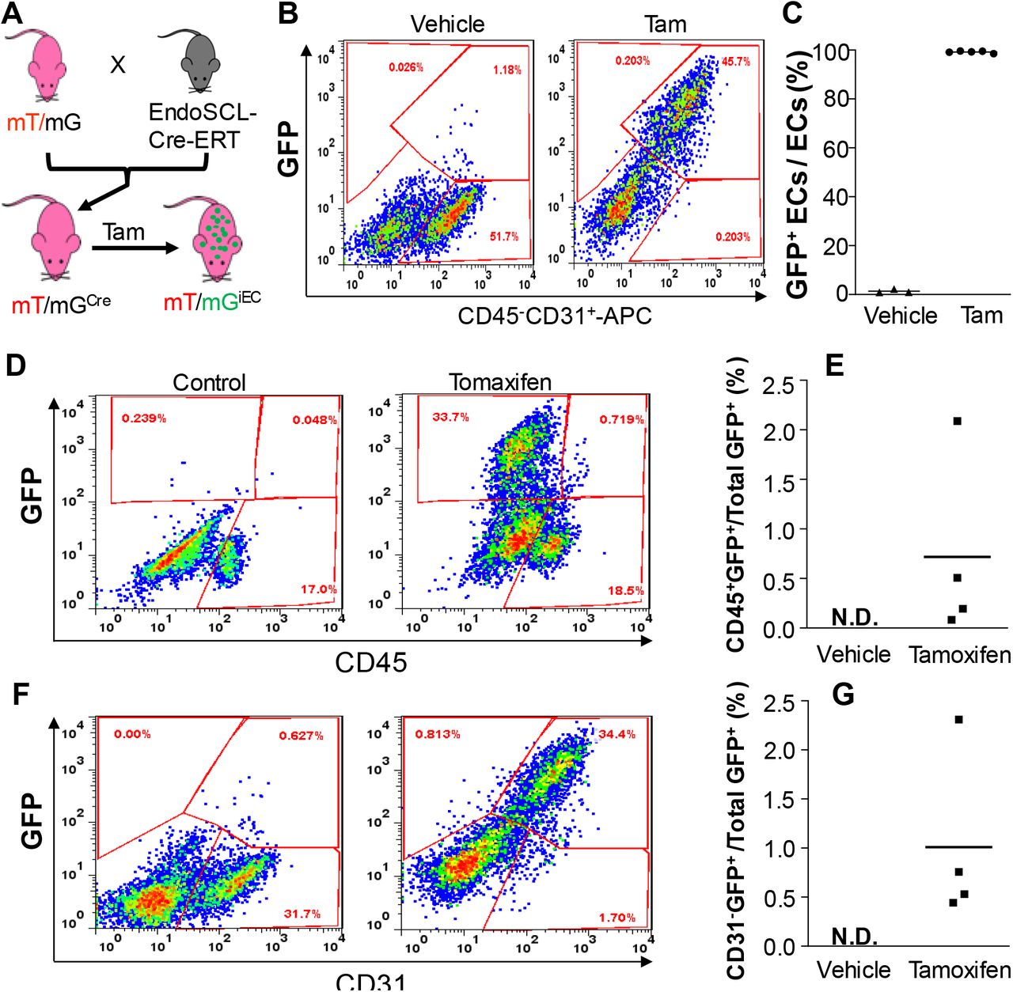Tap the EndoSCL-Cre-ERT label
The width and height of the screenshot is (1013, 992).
(202, 126)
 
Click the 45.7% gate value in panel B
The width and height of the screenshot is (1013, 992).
(735, 61)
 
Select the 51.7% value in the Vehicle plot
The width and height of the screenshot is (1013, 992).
(503, 237)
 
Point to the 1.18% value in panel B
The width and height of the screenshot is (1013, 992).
(506, 70)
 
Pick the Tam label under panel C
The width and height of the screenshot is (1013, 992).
(981, 316)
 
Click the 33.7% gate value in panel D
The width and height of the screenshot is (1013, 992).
(450, 417)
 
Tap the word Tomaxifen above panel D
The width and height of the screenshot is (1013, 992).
(500, 383)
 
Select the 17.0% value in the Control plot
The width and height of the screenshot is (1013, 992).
(317, 589)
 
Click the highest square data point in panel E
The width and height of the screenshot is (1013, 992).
(957, 421)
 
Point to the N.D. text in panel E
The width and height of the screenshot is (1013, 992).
(855, 619)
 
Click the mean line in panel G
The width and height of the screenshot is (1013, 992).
(958, 847)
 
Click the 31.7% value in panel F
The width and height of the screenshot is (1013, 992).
(302, 914)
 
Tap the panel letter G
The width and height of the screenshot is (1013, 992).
(844, 695)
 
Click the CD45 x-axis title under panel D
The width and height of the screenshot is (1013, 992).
(370, 662)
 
